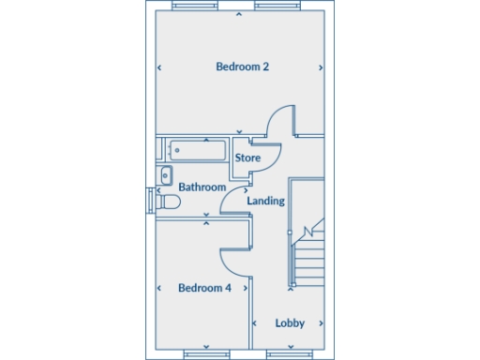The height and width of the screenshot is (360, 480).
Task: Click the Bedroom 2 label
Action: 243,67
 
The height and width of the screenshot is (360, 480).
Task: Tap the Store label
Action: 247,157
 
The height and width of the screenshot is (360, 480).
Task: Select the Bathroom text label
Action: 202,187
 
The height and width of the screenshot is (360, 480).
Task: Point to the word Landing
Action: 265,201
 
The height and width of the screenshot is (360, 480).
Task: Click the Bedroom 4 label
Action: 204,288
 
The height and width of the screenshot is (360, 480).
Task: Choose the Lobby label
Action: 290,322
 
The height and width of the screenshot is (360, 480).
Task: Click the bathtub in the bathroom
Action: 197,150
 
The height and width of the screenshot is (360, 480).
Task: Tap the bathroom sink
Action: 165,174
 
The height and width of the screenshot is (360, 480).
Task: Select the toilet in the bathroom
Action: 169,202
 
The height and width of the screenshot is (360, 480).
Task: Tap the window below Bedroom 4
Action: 205,354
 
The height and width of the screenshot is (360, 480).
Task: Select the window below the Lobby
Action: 290,354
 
